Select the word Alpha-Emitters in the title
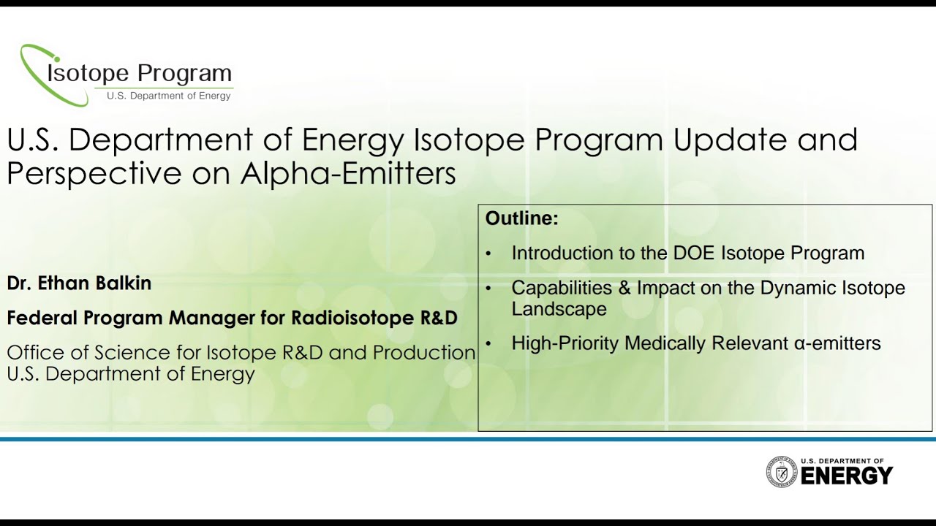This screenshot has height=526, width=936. click(x=348, y=173)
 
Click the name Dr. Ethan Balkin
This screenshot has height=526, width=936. click(x=79, y=283)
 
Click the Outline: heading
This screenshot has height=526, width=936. click(x=521, y=218)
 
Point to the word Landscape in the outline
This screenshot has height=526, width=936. click(x=559, y=309)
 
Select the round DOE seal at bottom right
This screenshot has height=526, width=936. click(x=781, y=472)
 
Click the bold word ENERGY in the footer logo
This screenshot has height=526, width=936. click(x=846, y=476)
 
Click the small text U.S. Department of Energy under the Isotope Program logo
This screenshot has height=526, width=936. click(x=168, y=96)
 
